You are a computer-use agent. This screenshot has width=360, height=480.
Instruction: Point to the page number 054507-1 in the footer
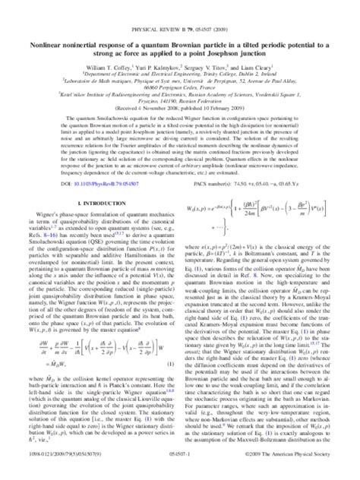click(x=180, y=472)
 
